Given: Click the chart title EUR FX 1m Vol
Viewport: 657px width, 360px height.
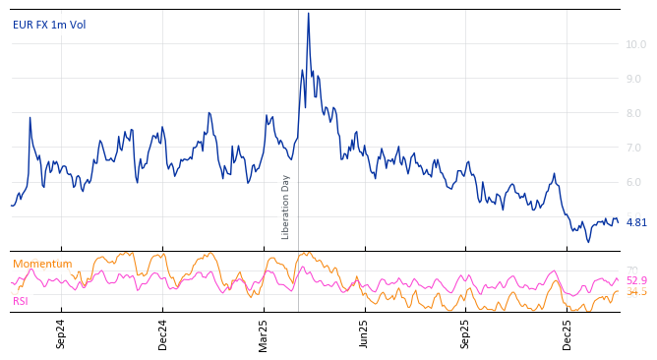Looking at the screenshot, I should tap(49, 25).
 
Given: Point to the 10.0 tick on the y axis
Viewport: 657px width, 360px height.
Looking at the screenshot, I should tap(636, 44).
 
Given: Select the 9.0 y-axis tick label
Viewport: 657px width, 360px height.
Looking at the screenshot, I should tap(636, 79).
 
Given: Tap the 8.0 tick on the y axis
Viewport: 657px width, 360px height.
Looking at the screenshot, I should tap(636, 113).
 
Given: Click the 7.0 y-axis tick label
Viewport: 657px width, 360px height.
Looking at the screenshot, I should tap(636, 148).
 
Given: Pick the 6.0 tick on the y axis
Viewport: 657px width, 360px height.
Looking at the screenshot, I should tap(636, 182).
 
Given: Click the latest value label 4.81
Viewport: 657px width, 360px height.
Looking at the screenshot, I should tap(636, 223).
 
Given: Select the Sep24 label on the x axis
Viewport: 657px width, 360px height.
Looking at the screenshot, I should tap(61, 334).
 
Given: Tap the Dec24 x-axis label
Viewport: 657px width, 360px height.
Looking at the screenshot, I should tap(162, 334).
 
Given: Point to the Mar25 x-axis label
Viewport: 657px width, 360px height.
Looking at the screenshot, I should tap(264, 334).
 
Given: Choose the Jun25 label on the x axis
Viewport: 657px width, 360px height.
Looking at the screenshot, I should tap(364, 334).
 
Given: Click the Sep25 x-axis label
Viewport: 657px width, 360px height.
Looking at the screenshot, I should tap(465, 334).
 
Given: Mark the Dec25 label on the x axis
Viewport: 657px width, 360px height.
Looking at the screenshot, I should tap(567, 334).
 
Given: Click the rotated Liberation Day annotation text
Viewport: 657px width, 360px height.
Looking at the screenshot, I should tap(286, 207).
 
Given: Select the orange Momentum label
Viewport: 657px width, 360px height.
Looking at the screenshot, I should tap(42, 264).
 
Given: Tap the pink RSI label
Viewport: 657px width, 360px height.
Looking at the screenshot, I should tap(21, 301).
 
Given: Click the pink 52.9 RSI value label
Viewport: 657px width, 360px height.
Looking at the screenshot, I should tap(636, 281).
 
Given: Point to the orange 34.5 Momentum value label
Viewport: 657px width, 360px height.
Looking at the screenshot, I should tap(636, 292).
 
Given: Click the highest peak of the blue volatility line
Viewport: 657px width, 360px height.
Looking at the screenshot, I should tap(308, 13).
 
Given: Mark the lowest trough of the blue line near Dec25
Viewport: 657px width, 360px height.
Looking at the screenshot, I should tap(588, 242).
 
